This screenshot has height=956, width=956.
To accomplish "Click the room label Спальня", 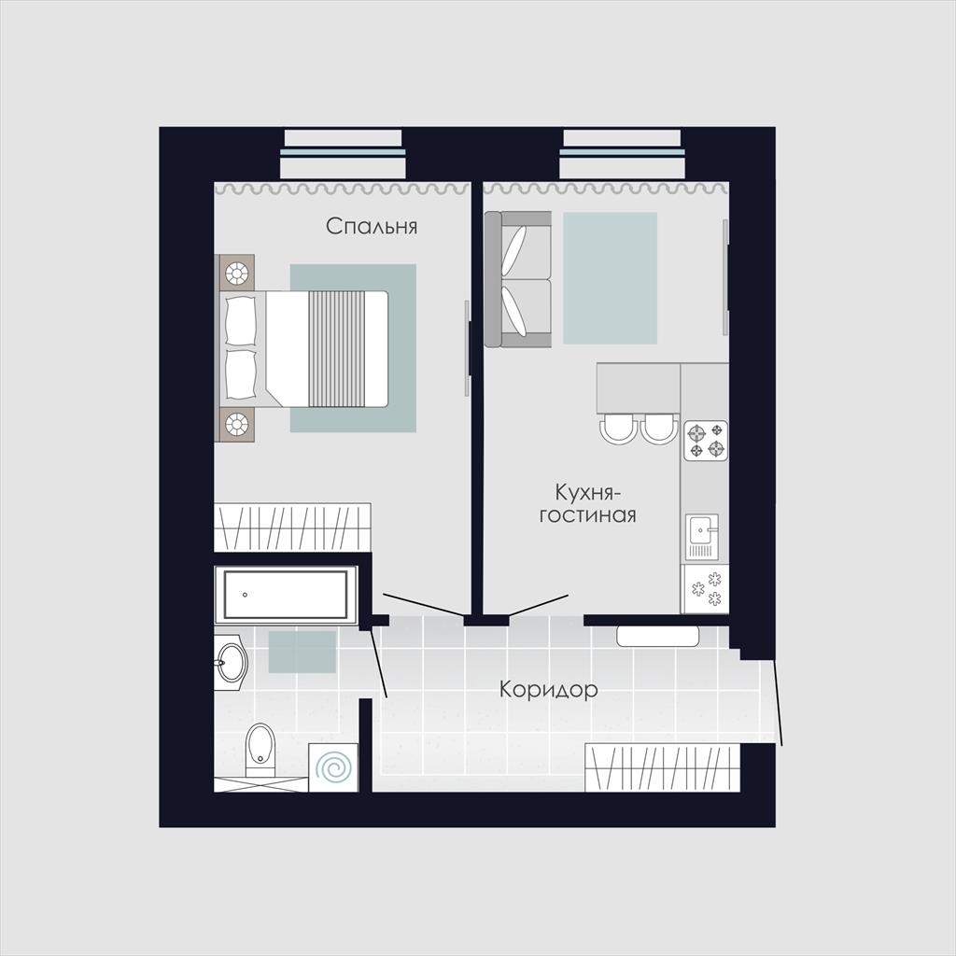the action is [372, 226].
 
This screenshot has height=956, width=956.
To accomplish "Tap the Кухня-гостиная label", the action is [588, 503].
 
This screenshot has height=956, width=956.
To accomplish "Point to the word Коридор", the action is [548, 690].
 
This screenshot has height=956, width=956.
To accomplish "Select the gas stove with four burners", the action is [706, 441].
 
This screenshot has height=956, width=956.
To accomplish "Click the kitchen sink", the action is [704, 536].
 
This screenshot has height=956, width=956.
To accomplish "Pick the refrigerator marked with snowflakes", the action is [705, 589].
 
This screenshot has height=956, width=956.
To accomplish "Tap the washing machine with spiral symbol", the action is [332, 767].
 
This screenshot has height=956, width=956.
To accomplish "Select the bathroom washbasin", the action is [231, 663].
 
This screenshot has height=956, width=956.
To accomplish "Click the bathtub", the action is [286, 595].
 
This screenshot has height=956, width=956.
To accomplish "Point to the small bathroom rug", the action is [302, 652].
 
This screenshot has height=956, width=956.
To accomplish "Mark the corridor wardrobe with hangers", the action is [663, 767].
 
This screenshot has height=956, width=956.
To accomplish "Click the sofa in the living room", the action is [518, 279].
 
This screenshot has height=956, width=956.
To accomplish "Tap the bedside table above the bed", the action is [236, 273].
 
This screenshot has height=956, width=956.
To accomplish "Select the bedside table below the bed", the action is [236, 424].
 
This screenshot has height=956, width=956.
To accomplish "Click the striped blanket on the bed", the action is [336, 349].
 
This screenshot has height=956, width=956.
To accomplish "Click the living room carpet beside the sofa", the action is [610, 278].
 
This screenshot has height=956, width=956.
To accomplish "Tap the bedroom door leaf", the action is [423, 604].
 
